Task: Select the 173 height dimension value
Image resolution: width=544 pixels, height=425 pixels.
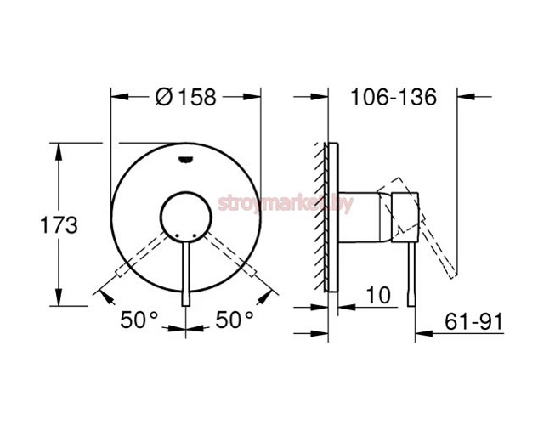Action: pyautogui.click(x=35, y=225)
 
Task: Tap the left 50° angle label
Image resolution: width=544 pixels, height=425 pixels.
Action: pyautogui.click(x=139, y=320)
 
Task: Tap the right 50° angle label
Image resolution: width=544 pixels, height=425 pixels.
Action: pyautogui.click(x=234, y=320)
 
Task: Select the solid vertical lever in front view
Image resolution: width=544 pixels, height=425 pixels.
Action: pyautogui.click(x=185, y=272)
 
